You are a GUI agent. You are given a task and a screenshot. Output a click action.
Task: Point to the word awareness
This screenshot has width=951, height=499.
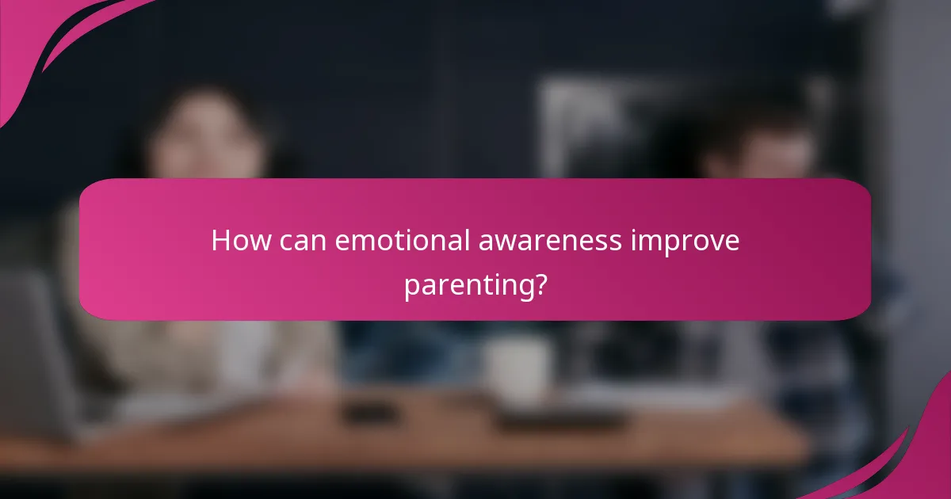coord(551,241)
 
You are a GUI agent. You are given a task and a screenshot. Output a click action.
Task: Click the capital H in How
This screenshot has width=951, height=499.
coord(220,241)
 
